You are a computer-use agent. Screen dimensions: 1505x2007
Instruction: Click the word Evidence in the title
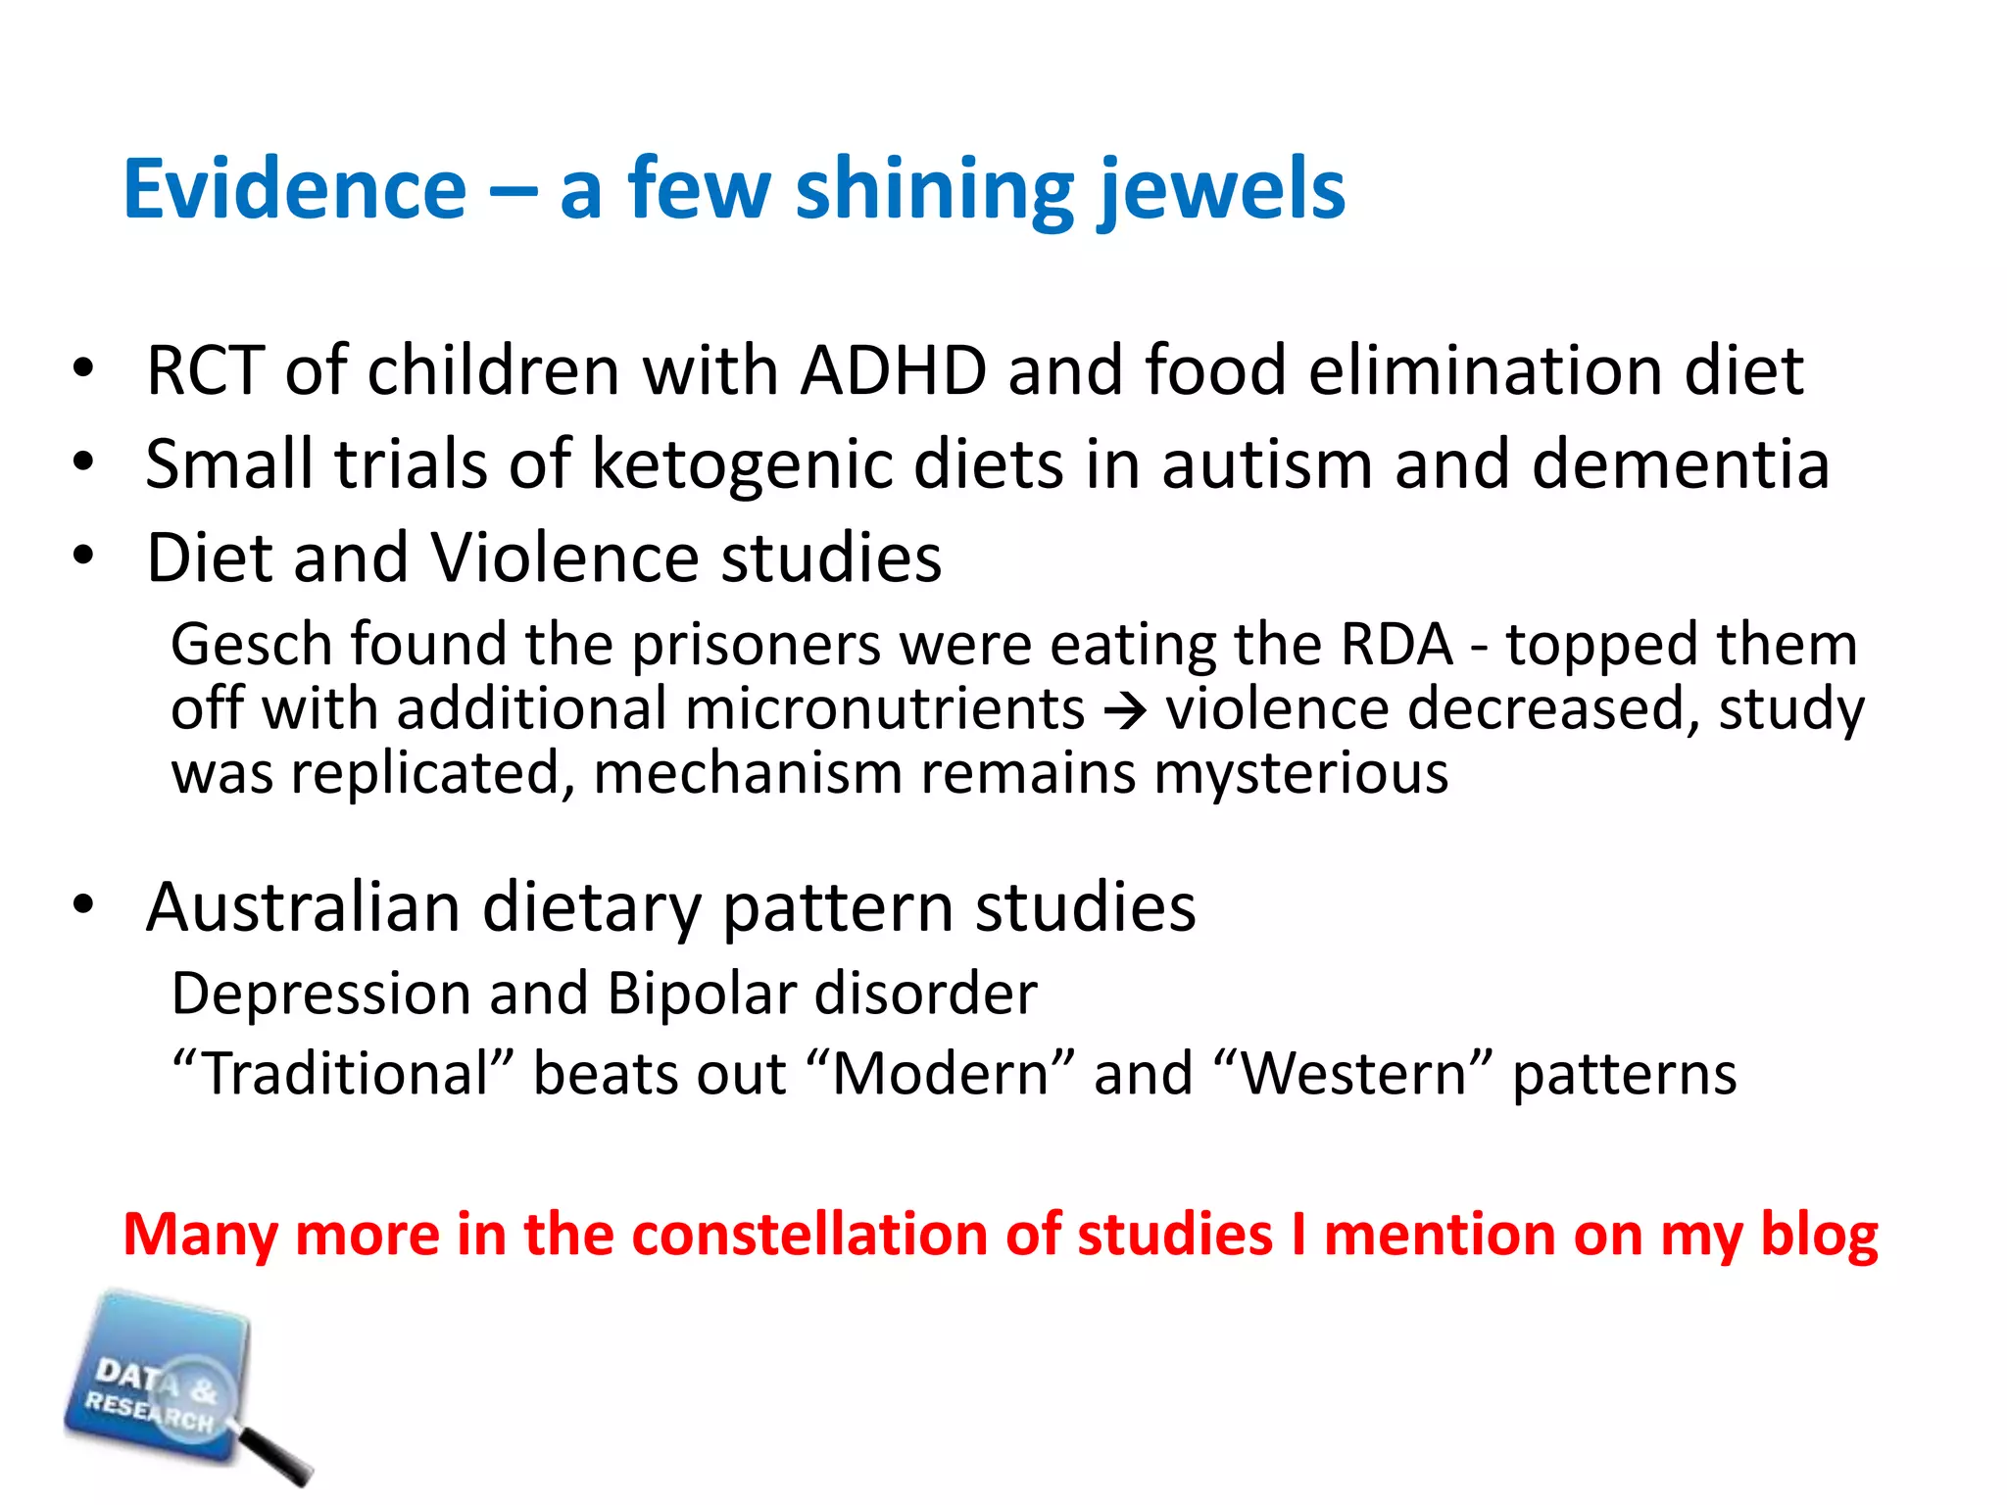[295, 189]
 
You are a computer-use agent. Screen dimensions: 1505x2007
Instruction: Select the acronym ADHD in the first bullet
[894, 371]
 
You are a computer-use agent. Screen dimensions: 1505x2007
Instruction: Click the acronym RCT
[205, 371]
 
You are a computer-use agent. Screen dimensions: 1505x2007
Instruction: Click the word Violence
[565, 558]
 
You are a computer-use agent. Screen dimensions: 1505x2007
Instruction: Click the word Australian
[303, 907]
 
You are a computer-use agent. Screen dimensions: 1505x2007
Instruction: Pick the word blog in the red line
[1819, 1235]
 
